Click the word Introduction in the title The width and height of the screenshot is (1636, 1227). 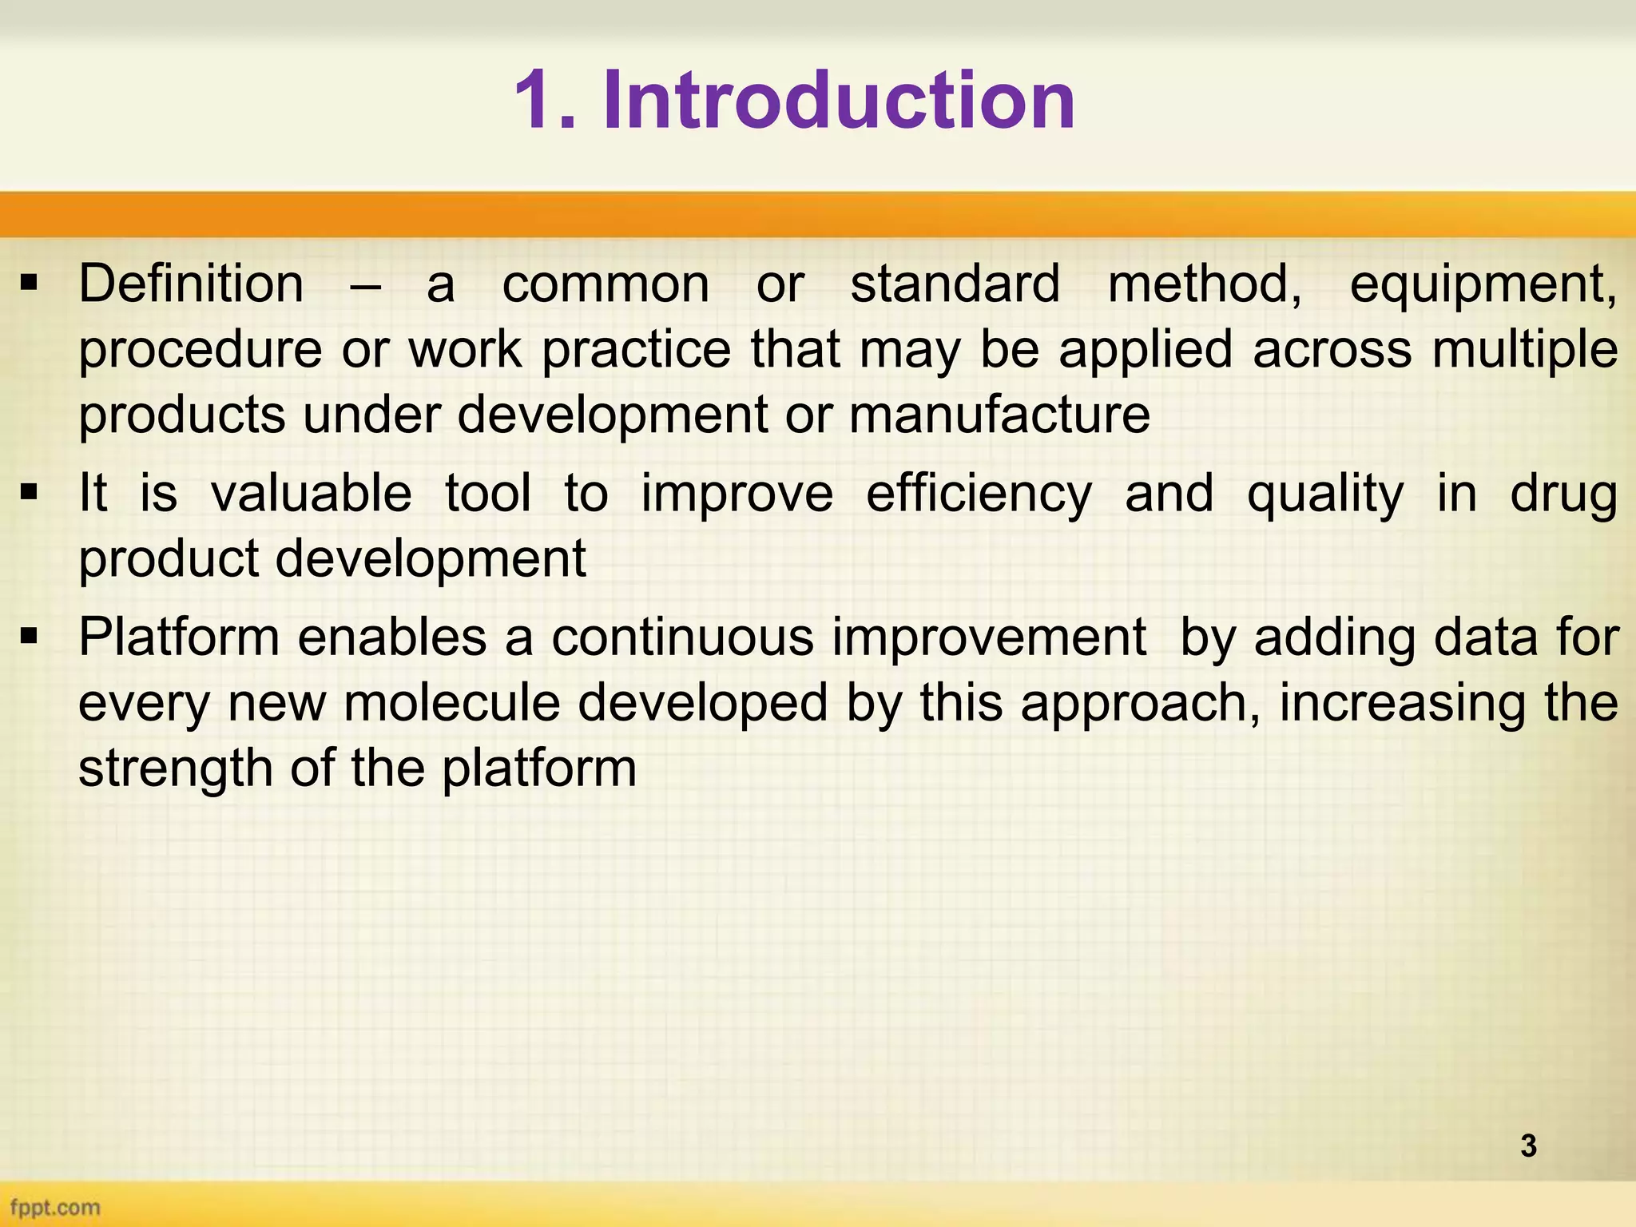click(x=839, y=101)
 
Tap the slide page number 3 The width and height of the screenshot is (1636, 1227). click(x=1528, y=1146)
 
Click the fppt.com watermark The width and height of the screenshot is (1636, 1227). click(x=55, y=1207)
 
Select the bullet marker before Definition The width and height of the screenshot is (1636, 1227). click(x=30, y=283)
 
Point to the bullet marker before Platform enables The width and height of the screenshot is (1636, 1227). click(x=30, y=637)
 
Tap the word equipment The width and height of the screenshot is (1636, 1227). click(x=1482, y=286)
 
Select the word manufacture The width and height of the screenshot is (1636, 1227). click(x=999, y=415)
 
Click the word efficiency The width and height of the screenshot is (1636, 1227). click(x=979, y=494)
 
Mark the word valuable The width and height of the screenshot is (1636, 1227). click(x=312, y=493)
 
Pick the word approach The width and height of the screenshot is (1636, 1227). click(x=1140, y=705)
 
